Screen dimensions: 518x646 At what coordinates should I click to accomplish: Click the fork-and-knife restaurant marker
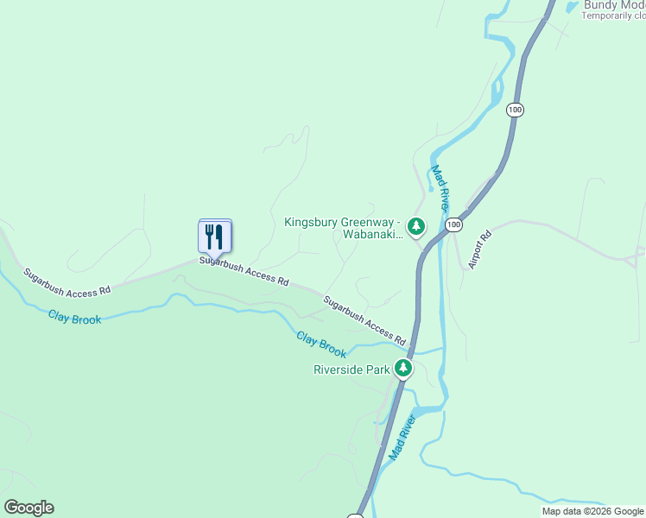[x=215, y=236]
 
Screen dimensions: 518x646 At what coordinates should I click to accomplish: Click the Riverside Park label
[x=351, y=370]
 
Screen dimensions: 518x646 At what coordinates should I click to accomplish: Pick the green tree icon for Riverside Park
[x=402, y=369]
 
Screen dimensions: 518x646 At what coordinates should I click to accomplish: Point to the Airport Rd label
[x=479, y=250]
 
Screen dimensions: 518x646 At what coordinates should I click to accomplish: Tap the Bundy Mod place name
[x=614, y=5]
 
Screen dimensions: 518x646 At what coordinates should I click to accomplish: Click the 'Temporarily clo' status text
[x=614, y=16]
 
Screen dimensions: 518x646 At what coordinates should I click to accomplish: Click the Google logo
[x=28, y=508]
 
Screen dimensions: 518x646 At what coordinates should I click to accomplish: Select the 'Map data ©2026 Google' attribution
[x=593, y=511]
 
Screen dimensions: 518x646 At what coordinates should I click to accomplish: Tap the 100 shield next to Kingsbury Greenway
[x=454, y=224]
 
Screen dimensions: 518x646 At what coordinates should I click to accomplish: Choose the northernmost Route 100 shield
[x=515, y=110]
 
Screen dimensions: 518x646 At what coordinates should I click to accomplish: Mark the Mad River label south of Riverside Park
[x=402, y=437]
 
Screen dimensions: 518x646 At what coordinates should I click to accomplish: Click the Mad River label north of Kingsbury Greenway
[x=440, y=188]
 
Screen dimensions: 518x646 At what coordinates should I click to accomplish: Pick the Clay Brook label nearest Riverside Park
[x=321, y=344]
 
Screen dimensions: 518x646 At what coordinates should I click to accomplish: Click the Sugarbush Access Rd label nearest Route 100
[x=364, y=319]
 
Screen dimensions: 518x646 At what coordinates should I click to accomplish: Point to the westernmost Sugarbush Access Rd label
[x=67, y=281]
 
